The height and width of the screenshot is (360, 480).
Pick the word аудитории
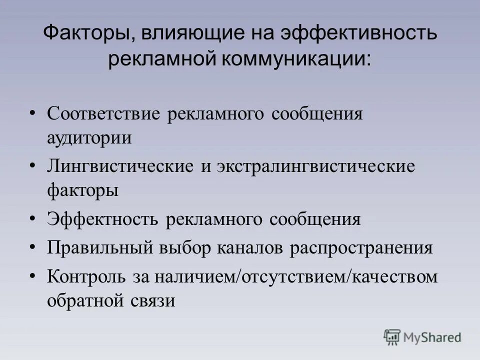89,137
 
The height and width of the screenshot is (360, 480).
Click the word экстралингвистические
315,166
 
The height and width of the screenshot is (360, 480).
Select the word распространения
361,248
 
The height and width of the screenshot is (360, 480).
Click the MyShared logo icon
392,337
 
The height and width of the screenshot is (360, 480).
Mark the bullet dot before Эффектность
33,218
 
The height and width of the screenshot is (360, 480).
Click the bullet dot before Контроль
33,275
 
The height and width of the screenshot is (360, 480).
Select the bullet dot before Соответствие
33,112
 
